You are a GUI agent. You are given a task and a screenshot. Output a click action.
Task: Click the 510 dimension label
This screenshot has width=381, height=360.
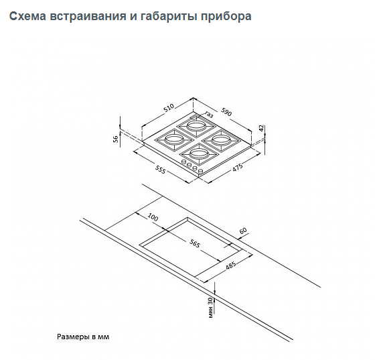(169, 108)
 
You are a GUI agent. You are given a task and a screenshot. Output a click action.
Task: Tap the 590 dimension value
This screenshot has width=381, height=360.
(226, 112)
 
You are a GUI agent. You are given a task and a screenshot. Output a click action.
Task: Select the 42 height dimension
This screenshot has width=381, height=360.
(261, 128)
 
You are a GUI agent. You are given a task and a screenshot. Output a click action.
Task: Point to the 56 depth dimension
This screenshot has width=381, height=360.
(116, 139)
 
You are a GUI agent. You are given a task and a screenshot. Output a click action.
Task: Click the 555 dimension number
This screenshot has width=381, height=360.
(160, 170)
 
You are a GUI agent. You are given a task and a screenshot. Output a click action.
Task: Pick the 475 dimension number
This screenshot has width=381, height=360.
(238, 168)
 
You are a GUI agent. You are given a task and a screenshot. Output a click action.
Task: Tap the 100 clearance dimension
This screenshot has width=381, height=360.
(153, 217)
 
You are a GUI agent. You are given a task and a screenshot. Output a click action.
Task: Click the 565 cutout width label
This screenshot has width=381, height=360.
(194, 243)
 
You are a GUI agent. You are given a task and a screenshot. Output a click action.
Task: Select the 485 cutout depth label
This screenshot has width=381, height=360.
(230, 265)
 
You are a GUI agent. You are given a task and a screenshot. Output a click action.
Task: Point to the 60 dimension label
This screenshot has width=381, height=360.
(243, 230)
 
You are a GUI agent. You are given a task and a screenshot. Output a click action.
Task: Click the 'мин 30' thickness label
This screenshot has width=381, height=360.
(210, 308)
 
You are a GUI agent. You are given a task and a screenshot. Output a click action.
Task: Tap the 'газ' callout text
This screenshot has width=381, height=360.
(209, 114)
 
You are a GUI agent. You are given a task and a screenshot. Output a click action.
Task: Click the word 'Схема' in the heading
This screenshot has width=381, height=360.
(27, 16)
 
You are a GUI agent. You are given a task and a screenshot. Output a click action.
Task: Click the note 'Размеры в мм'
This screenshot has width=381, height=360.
(83, 337)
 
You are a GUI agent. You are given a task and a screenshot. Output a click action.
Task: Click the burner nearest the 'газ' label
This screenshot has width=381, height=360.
(196, 126)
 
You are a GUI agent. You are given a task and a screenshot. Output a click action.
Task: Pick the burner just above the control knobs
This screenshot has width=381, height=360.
(198, 154)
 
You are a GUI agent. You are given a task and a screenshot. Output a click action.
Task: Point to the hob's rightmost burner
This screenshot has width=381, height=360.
(220, 140)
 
